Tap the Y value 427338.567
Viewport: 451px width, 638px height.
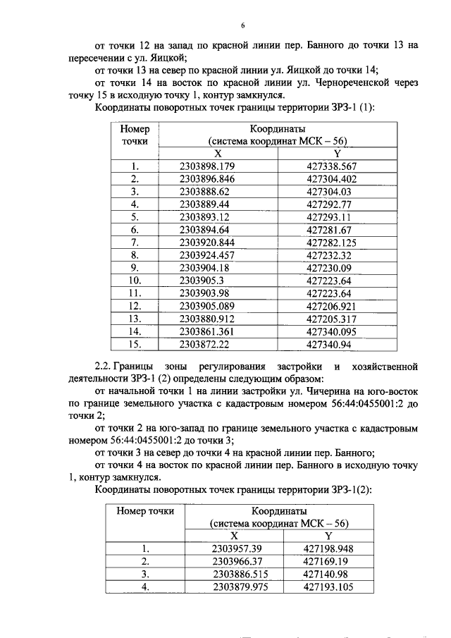(x=332, y=166)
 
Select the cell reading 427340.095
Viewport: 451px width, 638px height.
(x=332, y=331)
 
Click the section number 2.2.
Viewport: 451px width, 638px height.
(x=104, y=367)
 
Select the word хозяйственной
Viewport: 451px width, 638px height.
(x=383, y=367)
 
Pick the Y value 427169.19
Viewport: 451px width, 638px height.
(x=326, y=561)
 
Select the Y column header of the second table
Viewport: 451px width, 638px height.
(x=328, y=536)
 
